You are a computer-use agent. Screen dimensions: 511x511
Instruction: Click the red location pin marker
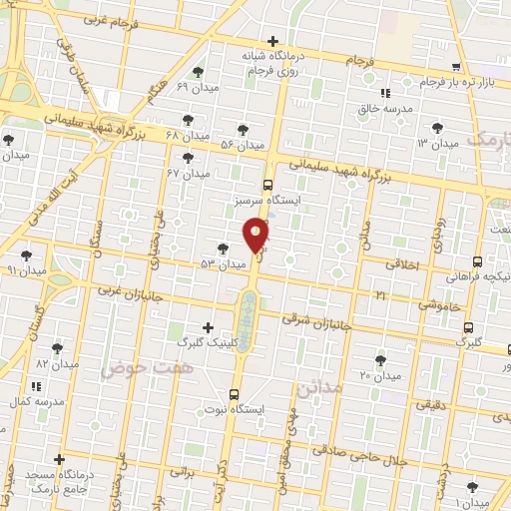256,236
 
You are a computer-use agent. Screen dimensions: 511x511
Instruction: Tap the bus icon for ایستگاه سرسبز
266,184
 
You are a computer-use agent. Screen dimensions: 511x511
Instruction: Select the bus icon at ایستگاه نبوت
234,394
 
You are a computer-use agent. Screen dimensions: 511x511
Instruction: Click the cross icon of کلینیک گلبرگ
208,327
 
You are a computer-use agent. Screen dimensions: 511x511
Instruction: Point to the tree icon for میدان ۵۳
222,249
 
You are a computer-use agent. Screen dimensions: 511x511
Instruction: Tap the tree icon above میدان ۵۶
244,129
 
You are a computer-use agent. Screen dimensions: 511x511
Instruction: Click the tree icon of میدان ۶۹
199,72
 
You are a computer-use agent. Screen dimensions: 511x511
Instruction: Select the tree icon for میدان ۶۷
188,158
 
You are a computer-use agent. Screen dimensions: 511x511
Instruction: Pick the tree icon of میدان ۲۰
379,359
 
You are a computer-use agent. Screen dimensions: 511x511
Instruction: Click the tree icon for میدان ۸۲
57,347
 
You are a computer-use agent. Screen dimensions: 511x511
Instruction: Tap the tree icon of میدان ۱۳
436,128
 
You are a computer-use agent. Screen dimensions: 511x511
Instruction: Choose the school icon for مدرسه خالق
385,95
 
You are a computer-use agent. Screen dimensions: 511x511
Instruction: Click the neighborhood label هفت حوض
130,369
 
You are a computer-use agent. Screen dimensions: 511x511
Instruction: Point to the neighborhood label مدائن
319,385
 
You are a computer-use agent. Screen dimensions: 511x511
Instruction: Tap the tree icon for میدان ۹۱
27,255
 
